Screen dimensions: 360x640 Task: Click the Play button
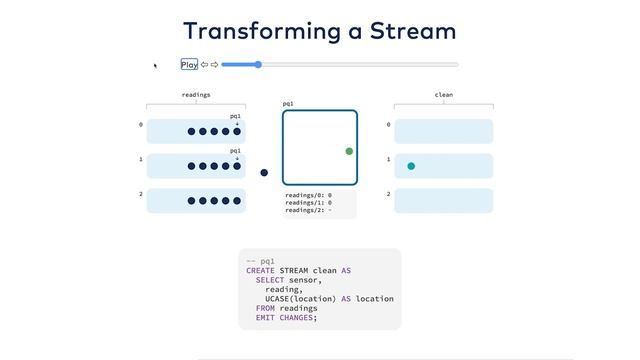pyautogui.click(x=189, y=65)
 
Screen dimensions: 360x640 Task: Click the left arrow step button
pyautogui.click(x=204, y=65)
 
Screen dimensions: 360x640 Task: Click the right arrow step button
pyautogui.click(x=214, y=65)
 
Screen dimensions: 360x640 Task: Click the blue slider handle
pyautogui.click(x=258, y=65)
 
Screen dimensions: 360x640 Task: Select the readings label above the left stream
pyautogui.click(x=196, y=95)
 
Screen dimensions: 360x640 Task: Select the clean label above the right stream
pyautogui.click(x=444, y=95)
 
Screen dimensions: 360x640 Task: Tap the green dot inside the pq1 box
pyautogui.click(x=349, y=151)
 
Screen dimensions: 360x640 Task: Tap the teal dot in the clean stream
pyautogui.click(x=411, y=166)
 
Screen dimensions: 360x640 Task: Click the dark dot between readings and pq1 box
pyautogui.click(x=264, y=173)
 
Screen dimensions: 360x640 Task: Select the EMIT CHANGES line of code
pyautogui.click(x=286, y=317)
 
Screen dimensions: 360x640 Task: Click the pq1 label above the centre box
pyautogui.click(x=288, y=103)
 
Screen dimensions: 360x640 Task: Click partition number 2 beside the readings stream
pyautogui.click(x=141, y=194)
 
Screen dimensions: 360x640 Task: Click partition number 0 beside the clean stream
pyautogui.click(x=388, y=125)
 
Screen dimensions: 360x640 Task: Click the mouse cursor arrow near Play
pyautogui.click(x=155, y=66)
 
